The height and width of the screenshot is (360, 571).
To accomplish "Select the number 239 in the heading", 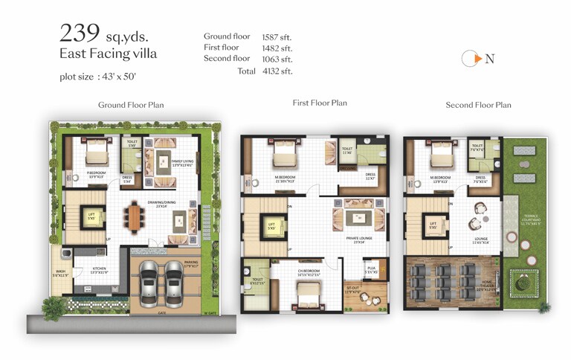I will [81, 32].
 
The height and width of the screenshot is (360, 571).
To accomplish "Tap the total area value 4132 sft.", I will [277, 71].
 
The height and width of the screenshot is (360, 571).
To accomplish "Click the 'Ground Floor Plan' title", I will [131, 105].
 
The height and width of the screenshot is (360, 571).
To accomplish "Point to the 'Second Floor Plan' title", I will [478, 105].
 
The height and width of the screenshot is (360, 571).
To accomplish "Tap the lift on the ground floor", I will [91, 216].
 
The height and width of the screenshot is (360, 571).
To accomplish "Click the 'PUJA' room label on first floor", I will [370, 269].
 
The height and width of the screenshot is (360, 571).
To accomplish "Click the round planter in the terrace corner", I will [525, 281].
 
